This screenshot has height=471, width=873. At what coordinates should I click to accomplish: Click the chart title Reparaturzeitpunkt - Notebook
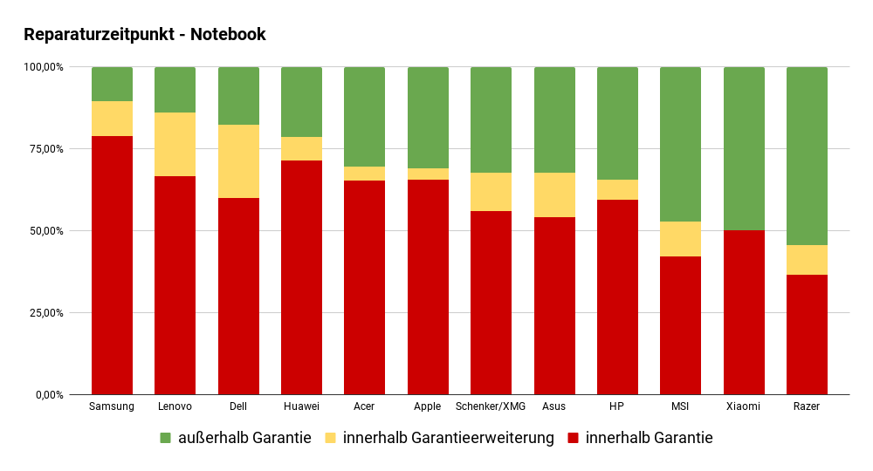point(145,35)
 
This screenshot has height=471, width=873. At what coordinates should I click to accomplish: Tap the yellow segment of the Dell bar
point(238,161)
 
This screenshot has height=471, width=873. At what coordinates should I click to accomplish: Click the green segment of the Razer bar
point(807,156)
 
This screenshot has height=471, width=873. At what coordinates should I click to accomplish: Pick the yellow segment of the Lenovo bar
point(175,144)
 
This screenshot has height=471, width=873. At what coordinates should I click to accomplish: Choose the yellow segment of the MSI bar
point(680,239)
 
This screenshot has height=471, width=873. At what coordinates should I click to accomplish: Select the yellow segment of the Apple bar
point(428,174)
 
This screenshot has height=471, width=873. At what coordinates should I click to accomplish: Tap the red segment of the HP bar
point(617,297)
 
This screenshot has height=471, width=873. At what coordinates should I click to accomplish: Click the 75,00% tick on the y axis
point(43,149)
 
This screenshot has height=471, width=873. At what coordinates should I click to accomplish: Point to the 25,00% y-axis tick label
point(43,313)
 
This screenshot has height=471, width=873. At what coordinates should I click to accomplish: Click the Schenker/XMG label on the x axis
point(491,406)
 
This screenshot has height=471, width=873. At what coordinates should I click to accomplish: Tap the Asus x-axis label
point(554,406)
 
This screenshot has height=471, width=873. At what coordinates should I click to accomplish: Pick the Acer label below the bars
point(364,406)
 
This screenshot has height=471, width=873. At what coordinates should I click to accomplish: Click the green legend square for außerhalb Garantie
point(166,438)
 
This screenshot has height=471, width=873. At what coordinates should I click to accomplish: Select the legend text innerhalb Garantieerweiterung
point(449,438)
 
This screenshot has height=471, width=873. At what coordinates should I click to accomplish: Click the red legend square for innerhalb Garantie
point(574,438)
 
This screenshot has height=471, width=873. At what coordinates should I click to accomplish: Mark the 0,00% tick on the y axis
point(47,395)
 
